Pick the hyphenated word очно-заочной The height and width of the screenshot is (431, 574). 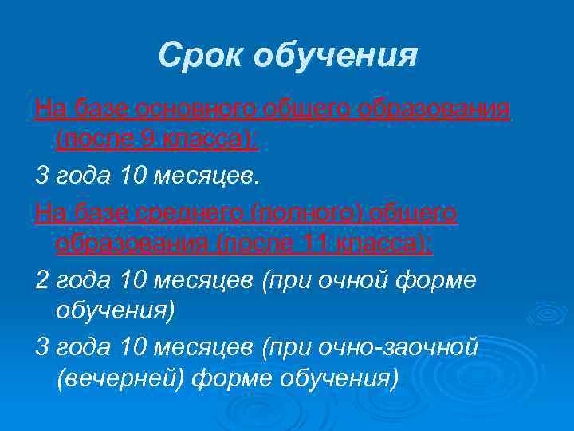point(399,347)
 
